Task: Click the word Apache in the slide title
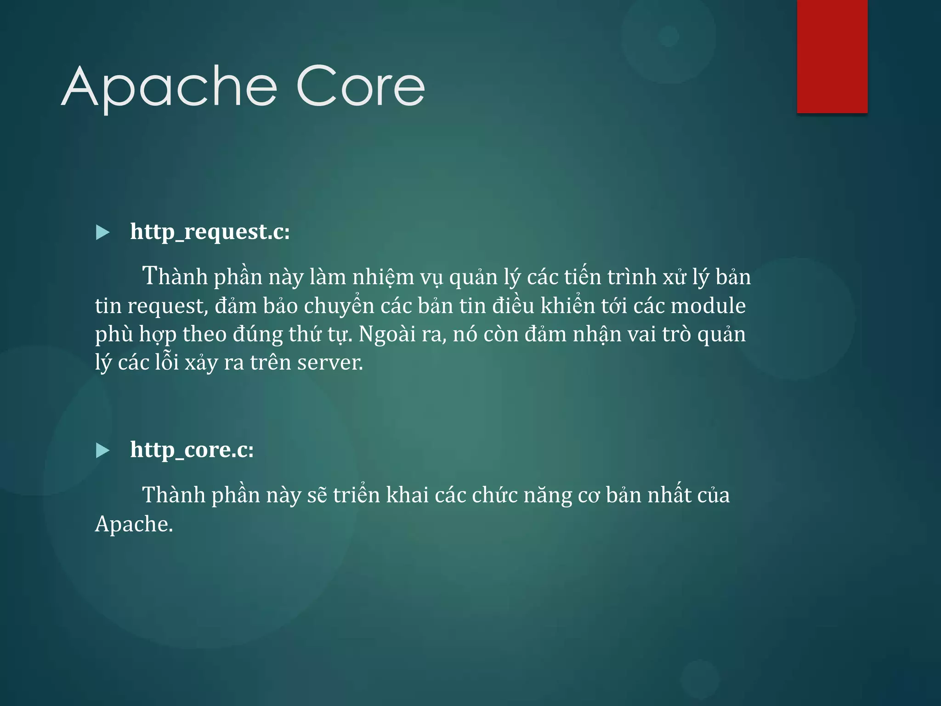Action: [169, 87]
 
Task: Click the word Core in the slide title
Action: [361, 86]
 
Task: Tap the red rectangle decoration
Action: [832, 56]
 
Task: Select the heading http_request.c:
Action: [210, 231]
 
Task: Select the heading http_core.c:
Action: [192, 449]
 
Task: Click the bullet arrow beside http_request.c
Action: [102, 233]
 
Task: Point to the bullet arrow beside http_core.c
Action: [102, 450]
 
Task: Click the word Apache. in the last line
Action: [134, 524]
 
